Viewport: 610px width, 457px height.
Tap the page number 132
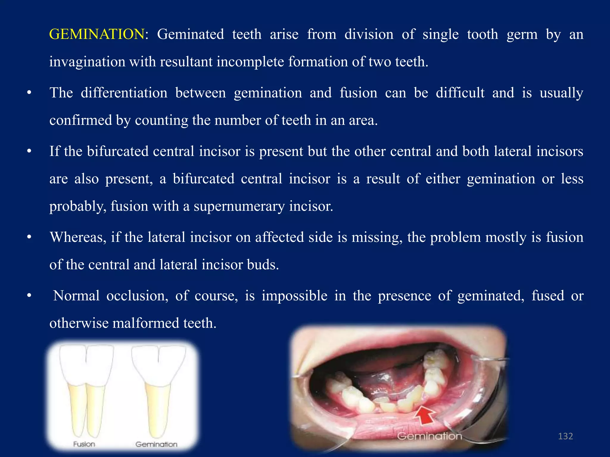565,436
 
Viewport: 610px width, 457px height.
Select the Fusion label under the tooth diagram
84,444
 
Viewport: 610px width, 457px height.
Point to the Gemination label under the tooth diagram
156,444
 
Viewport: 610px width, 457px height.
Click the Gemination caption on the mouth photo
430,436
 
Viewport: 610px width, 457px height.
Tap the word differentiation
124,93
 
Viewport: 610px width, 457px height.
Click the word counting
161,120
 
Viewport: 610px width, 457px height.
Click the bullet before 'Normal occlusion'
29,296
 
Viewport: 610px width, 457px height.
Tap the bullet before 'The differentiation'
29,93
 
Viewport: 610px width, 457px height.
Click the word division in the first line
369,34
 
